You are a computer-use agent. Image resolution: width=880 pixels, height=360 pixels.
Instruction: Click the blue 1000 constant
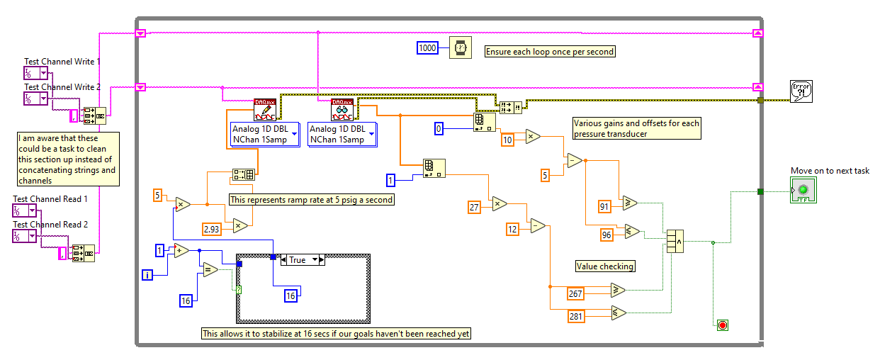point(428,47)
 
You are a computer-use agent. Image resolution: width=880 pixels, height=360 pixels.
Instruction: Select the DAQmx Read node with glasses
point(342,110)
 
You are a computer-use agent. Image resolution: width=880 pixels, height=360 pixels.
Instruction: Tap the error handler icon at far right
point(801,91)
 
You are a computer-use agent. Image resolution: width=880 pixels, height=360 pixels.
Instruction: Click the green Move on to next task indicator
point(802,190)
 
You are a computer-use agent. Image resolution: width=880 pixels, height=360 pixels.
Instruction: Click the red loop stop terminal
point(723,325)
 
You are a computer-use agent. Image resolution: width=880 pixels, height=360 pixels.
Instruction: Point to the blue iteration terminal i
point(147,275)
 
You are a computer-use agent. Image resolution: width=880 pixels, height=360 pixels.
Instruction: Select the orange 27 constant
point(475,207)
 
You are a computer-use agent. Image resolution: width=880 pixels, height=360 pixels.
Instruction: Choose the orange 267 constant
point(576,293)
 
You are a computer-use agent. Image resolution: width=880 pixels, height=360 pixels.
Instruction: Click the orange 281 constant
point(576,316)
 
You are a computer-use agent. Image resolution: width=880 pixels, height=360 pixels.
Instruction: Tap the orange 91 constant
point(604,206)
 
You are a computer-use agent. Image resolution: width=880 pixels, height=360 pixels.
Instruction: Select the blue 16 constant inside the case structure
point(290,296)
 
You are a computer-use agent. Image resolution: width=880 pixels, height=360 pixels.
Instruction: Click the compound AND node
point(674,241)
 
